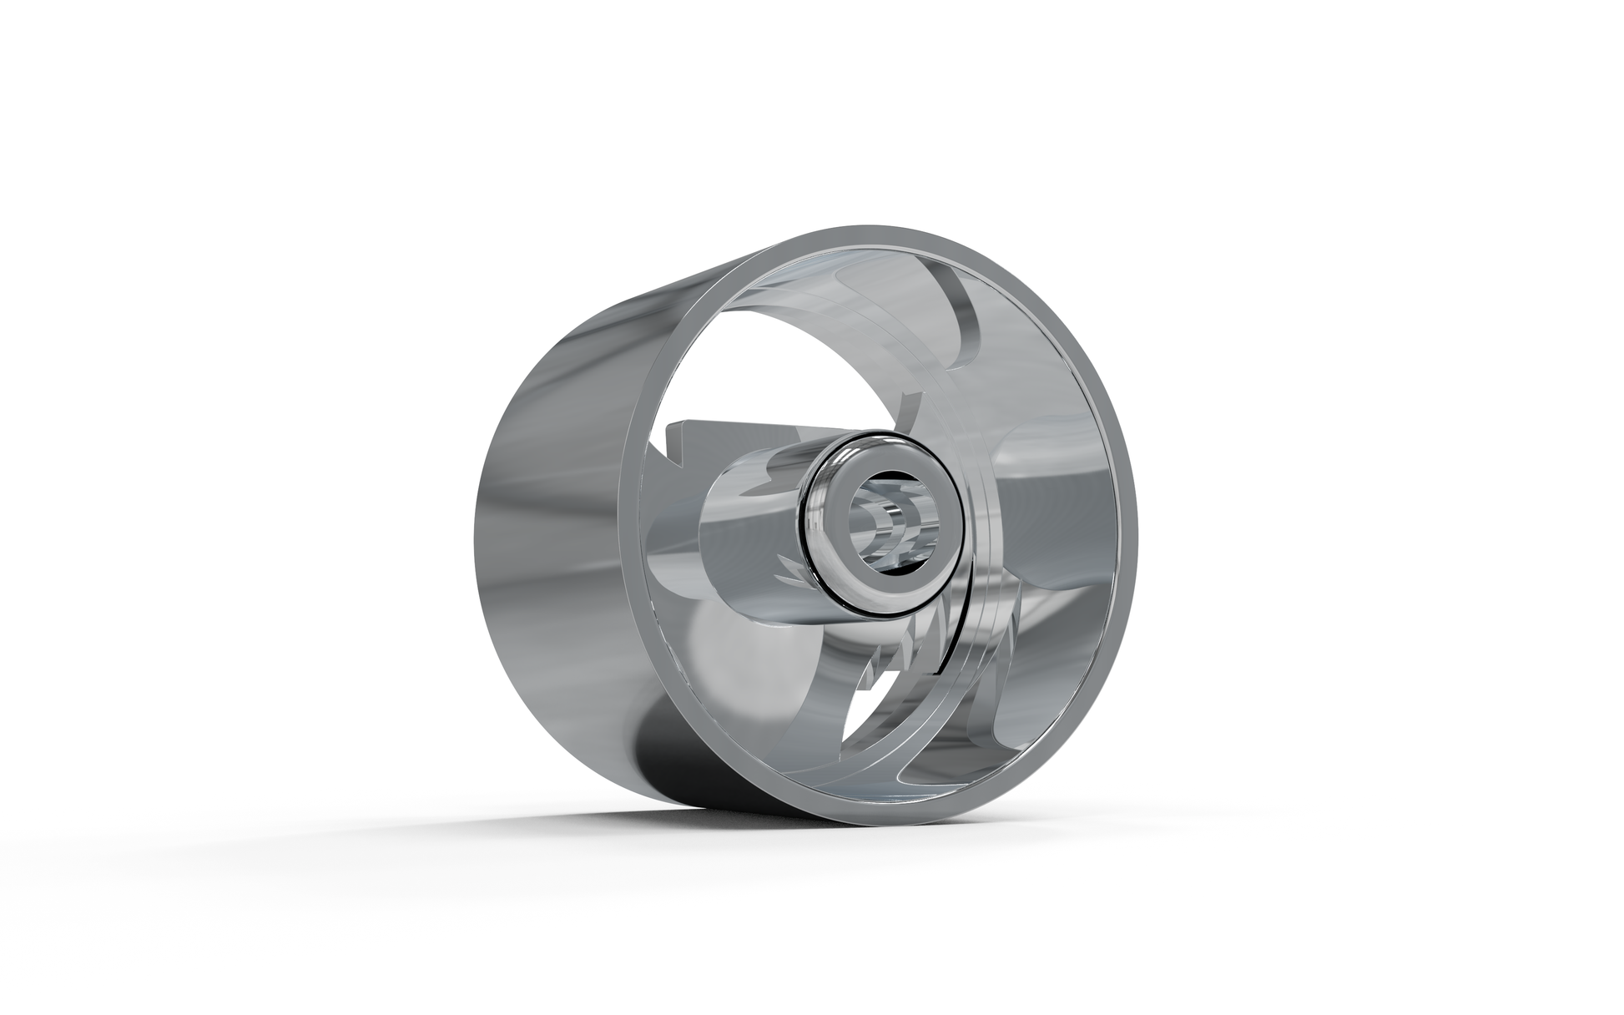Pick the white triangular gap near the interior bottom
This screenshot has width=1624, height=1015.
(860, 718)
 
